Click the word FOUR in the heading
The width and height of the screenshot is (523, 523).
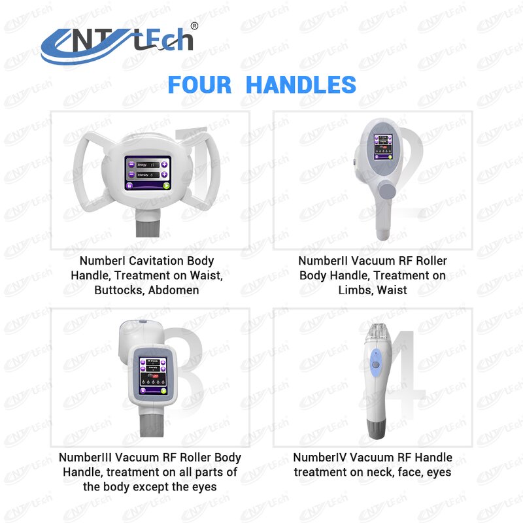(x=199, y=85)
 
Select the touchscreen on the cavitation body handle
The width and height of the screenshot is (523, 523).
(x=148, y=173)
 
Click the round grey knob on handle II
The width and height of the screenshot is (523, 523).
(x=387, y=192)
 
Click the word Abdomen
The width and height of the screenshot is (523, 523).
(x=173, y=290)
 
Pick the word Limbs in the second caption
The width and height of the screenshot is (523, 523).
(x=355, y=290)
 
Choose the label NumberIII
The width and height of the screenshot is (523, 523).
(x=87, y=458)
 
